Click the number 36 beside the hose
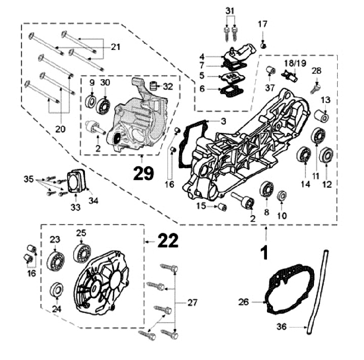(x=282, y=327)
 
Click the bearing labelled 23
(x=56, y=261)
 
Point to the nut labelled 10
(x=282, y=194)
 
